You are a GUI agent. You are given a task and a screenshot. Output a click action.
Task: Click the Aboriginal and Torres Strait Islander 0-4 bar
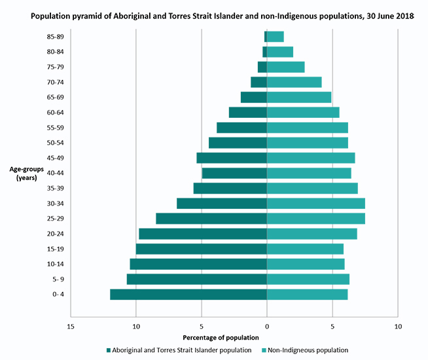tap(188, 295)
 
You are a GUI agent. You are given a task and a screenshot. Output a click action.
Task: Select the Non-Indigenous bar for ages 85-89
tap(276, 37)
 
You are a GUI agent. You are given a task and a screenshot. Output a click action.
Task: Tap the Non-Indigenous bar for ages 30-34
tap(315, 204)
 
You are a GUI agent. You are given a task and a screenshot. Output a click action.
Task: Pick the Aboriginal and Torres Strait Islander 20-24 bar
tap(203, 234)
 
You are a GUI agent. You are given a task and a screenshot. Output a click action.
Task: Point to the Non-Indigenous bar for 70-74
tap(294, 82)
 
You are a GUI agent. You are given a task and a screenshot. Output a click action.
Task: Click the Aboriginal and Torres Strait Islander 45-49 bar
tap(232, 158)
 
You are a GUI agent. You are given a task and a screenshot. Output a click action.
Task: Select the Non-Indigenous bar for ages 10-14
tap(306, 264)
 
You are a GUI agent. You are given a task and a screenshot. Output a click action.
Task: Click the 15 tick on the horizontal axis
tap(71, 325)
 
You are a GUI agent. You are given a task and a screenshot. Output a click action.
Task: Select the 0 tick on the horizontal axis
tap(267, 325)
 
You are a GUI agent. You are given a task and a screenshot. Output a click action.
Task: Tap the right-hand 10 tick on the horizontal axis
tap(397, 325)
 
